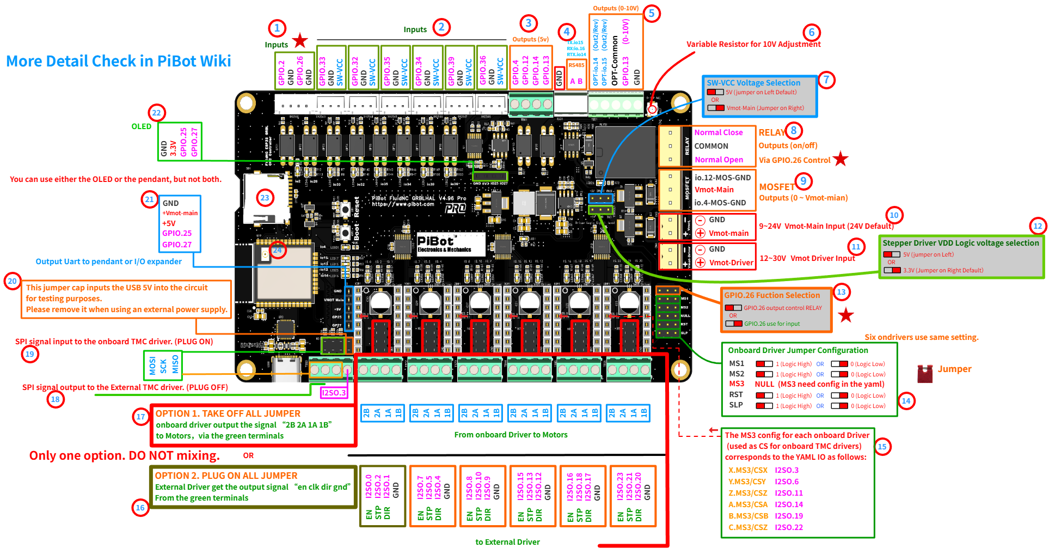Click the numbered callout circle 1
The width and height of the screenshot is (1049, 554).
(277, 28)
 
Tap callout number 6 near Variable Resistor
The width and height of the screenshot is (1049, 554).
(811, 32)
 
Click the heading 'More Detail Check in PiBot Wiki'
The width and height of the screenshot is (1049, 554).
(119, 61)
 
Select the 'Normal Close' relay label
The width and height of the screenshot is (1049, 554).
(718, 132)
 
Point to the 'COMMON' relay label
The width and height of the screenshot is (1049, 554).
(711, 146)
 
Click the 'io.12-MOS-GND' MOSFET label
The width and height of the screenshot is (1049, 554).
(722, 178)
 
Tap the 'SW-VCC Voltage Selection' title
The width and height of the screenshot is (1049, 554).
(753, 83)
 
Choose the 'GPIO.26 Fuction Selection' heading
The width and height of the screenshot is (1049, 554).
(771, 295)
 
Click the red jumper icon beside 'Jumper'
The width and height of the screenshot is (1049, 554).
(925, 373)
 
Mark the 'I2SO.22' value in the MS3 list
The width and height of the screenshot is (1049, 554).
(789, 527)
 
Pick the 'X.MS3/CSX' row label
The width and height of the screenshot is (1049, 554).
(747, 470)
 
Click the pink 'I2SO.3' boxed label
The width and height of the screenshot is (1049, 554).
(334, 393)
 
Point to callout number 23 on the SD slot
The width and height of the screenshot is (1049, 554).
(265, 198)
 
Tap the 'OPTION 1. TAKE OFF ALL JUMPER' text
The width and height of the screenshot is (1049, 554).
(228, 413)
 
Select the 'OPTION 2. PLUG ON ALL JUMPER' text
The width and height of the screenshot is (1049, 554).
(226, 476)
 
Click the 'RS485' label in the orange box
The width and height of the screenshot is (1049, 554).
(576, 65)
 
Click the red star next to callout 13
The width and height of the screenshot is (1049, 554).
(846, 315)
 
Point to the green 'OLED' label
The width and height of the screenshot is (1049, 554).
(141, 126)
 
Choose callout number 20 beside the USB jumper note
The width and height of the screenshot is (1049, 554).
(12, 281)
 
